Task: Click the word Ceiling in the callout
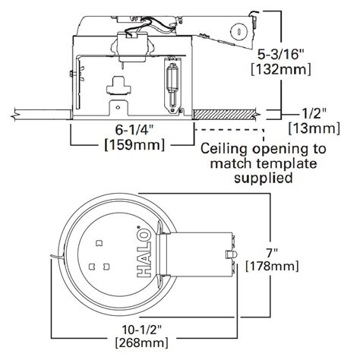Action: click(x=226, y=149)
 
